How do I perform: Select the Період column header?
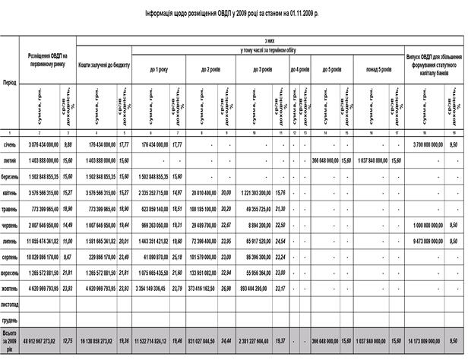11,81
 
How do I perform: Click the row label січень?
11,144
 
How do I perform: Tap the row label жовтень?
11,289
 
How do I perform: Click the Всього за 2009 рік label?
11,341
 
